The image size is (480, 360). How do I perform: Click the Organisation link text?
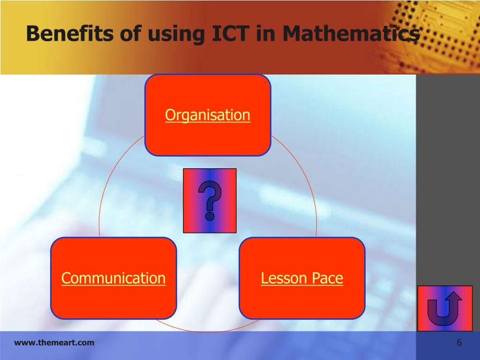[208, 115]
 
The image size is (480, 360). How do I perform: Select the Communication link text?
[113, 278]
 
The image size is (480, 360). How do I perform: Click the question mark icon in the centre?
[210, 201]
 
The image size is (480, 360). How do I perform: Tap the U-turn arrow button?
[444, 308]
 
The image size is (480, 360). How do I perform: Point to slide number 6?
[459, 343]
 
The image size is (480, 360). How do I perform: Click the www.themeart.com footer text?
[54, 343]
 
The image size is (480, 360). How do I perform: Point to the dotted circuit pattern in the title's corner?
[445, 28]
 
